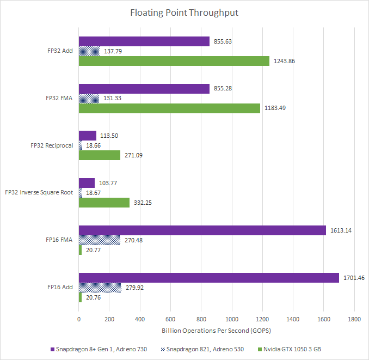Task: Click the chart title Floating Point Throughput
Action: tap(184, 13)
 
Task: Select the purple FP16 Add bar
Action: tap(209, 278)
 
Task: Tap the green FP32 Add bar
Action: tap(174, 61)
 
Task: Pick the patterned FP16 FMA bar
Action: tap(99, 240)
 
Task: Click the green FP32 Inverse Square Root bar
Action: tap(104, 203)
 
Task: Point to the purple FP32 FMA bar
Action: tap(144, 89)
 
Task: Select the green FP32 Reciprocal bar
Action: tap(99, 155)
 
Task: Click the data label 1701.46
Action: tap(354, 278)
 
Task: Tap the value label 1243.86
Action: tap(284, 61)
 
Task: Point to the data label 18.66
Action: tap(93, 145)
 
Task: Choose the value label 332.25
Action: tap(143, 203)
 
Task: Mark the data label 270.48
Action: tap(133, 240)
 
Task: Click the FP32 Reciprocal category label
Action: tap(52, 145)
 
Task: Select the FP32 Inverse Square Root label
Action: tap(39, 193)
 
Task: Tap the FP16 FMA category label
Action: tap(59, 240)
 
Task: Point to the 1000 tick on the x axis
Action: tap(232, 319)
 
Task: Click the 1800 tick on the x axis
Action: tap(354, 319)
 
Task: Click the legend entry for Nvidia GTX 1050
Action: tap(290, 349)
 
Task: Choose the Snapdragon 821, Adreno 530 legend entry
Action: tap(202, 349)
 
